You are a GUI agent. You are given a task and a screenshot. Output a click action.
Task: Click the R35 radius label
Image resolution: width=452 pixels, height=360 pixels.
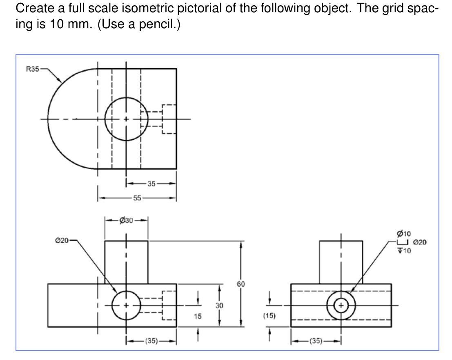click(32, 69)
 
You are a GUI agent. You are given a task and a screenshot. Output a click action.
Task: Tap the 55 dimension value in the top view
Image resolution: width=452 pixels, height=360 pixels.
click(137, 198)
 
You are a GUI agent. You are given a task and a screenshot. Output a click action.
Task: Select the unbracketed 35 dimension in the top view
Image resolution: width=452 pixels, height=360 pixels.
click(151, 184)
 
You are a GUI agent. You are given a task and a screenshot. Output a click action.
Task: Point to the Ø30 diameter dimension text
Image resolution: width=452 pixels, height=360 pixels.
click(126, 221)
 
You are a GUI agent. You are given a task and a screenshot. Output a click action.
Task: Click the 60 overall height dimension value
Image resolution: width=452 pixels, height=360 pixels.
click(241, 284)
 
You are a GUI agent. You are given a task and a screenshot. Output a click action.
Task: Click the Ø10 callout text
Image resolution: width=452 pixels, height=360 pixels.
click(403, 234)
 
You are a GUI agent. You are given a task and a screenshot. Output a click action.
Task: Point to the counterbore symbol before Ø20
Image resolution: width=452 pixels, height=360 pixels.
click(403, 242)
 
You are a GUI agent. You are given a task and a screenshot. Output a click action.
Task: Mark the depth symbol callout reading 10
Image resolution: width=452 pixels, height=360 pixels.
click(405, 250)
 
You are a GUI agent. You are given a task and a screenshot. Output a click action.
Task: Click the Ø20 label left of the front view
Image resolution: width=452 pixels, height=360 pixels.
click(62, 240)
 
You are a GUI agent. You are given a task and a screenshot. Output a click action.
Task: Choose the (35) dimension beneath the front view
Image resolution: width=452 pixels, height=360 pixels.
click(151, 341)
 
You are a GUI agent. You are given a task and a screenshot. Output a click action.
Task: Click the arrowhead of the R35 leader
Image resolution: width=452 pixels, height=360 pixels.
click(61, 82)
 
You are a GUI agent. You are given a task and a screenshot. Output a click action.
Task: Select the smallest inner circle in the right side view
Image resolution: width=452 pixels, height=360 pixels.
click(341, 305)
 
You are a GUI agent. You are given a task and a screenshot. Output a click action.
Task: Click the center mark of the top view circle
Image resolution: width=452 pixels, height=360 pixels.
click(126, 119)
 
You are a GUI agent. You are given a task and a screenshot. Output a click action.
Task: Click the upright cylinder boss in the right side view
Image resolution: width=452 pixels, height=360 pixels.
click(341, 262)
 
